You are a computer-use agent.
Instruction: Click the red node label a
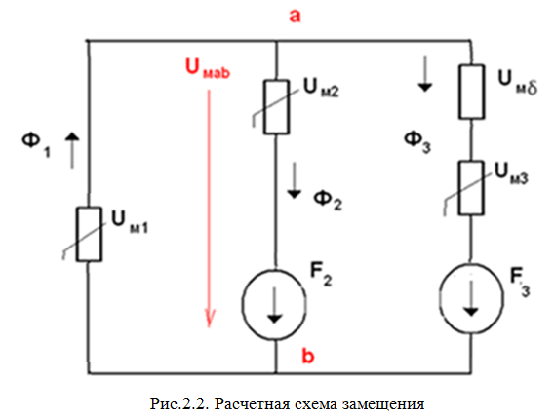pos(295,17)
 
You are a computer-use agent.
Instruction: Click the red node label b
pos(308,356)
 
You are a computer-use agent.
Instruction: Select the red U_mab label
pos(208,68)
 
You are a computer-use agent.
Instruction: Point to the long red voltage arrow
pos(209,209)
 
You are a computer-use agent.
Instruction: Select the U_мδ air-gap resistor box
pos(471,92)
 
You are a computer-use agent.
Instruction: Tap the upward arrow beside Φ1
pos(72,151)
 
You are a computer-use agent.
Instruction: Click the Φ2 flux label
pos(328,201)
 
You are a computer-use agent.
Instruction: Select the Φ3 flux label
pos(417,141)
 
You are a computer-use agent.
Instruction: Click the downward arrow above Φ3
pos(424,73)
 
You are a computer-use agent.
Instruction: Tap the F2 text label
pos(321,274)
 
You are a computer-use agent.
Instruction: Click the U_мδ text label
pos(518,83)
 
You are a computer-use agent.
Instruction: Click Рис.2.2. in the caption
pos(179,403)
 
